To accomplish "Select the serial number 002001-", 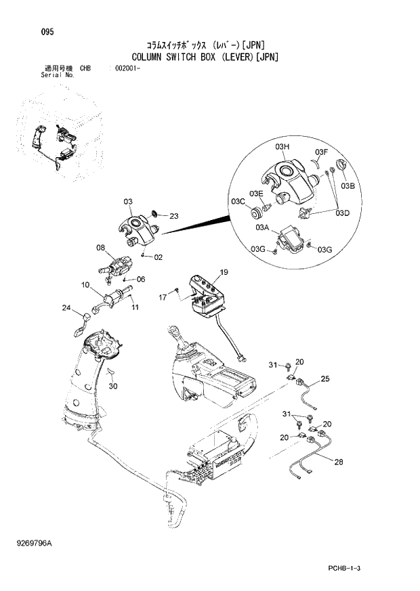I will (128, 68).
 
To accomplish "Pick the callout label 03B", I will (348, 185).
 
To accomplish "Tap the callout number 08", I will (100, 248).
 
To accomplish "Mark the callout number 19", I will (224, 272).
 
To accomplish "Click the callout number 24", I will (66, 309).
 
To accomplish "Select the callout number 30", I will (113, 387).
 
